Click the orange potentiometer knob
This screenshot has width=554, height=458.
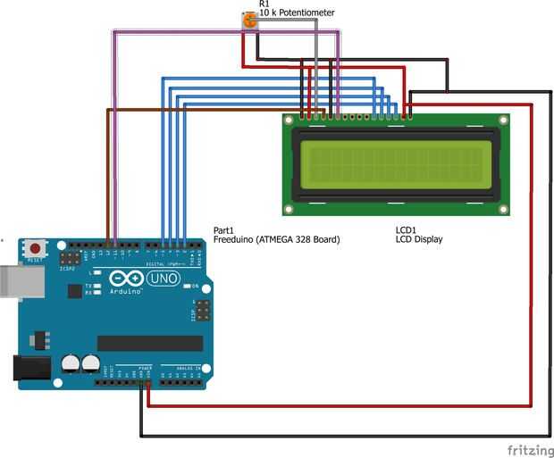[x=250, y=20]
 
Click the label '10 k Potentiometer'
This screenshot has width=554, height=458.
[x=297, y=13]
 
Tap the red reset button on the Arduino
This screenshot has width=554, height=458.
[x=36, y=247]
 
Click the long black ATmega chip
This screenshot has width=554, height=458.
[x=149, y=343]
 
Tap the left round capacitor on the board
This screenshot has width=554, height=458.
[x=71, y=362]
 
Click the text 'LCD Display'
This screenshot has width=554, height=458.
[x=419, y=240]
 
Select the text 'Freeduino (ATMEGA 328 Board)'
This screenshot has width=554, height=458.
[x=276, y=240]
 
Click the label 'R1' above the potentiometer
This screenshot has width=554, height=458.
[x=264, y=4]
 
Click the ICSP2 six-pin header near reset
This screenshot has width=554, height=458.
[x=68, y=255]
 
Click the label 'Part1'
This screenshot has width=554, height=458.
[x=222, y=230]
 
